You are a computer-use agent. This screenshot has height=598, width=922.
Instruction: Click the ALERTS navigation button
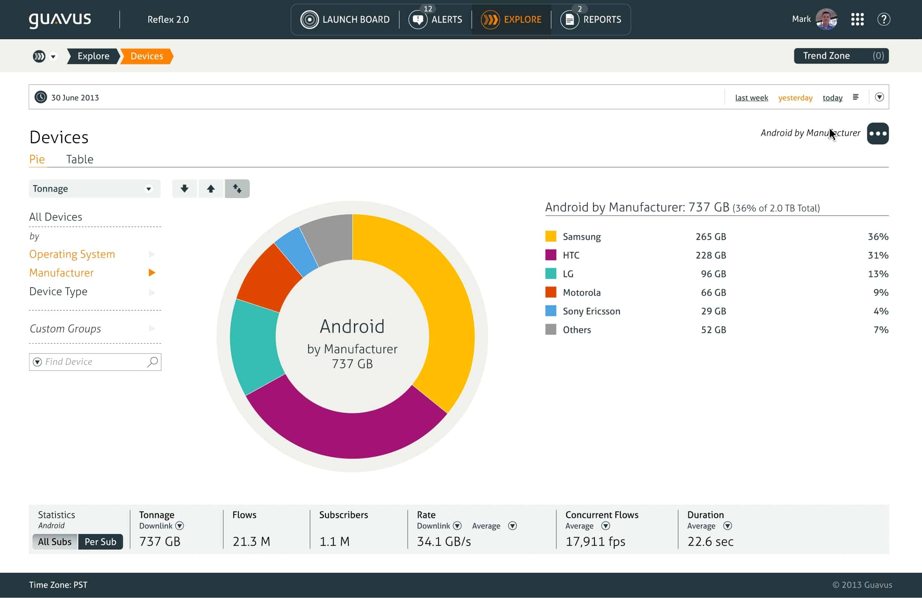(x=436, y=19)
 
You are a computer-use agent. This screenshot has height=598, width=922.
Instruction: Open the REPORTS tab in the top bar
(x=591, y=19)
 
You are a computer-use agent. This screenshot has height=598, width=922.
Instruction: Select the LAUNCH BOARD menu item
(x=345, y=19)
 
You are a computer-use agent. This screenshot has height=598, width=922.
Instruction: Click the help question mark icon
(x=884, y=19)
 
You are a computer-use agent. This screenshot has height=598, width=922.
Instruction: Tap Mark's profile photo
(x=826, y=19)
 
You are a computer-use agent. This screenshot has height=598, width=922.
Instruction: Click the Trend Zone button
(x=841, y=56)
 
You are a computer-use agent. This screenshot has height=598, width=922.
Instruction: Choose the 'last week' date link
(x=751, y=98)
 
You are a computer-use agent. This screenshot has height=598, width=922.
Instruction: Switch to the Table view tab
(x=80, y=159)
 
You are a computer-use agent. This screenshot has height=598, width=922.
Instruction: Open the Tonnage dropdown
(x=94, y=189)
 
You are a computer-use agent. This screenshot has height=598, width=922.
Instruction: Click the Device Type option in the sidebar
(x=58, y=291)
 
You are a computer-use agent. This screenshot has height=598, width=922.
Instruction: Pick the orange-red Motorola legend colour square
(x=550, y=292)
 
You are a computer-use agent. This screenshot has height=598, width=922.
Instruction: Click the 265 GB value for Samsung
(x=710, y=237)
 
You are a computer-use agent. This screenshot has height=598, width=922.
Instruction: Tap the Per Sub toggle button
(x=100, y=542)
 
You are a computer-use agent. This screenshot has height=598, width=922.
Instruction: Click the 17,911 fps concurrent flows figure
(x=595, y=541)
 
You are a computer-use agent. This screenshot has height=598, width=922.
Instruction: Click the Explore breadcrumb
(x=93, y=56)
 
